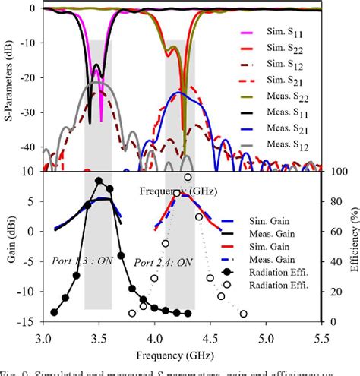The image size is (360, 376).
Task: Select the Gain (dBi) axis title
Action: tap(9, 242)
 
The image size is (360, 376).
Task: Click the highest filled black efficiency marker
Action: tap(98, 181)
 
